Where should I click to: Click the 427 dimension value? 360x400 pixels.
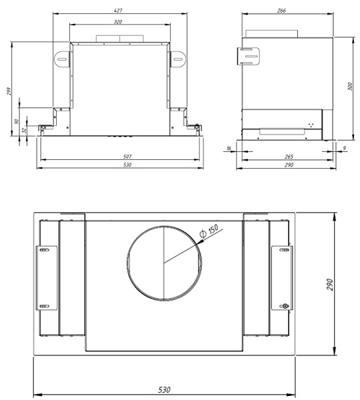(x=118, y=11)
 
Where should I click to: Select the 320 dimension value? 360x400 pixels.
(x=118, y=22)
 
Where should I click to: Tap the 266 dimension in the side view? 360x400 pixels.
(x=281, y=11)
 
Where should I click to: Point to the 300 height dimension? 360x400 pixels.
(x=350, y=86)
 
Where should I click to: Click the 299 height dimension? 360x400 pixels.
(x=9, y=91)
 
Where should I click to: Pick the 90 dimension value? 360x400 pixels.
(x=17, y=121)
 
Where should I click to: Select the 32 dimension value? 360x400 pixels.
(x=24, y=130)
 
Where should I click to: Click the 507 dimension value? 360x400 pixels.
(x=127, y=157)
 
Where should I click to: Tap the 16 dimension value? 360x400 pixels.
(x=229, y=148)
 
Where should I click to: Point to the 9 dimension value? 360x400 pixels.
(x=345, y=148)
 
